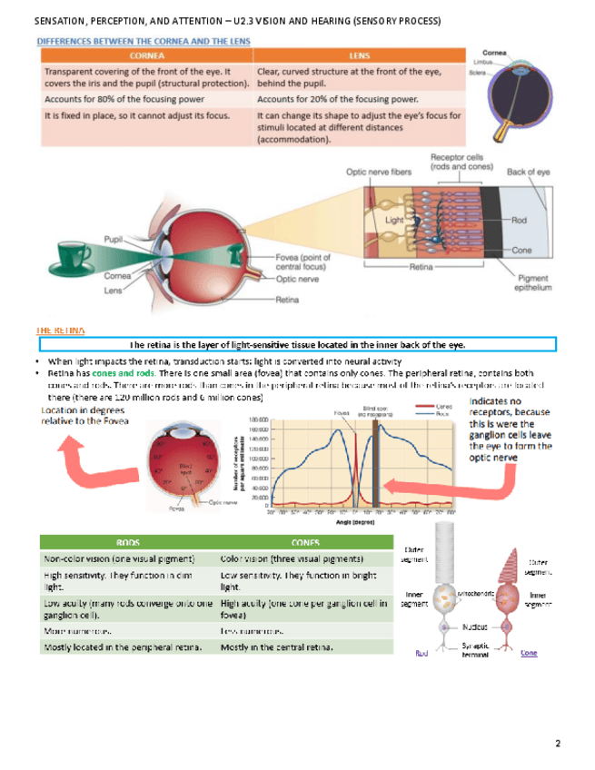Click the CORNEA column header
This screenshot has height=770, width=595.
(145, 55)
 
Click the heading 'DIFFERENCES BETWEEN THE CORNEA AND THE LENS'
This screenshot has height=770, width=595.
(144, 41)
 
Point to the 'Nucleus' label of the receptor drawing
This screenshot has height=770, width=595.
(476, 627)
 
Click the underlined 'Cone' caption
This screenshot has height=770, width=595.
(528, 652)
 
